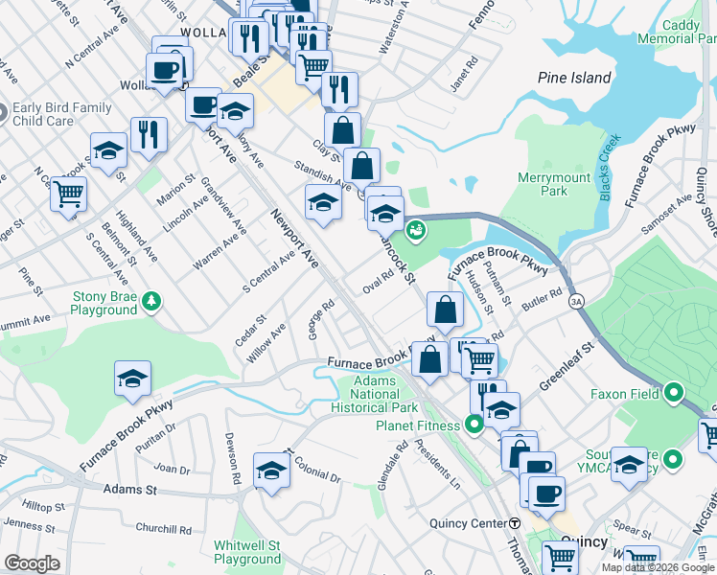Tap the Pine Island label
[574, 78]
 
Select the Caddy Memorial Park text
[681, 32]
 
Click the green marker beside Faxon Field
[673, 392]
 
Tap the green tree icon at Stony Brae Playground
[150, 303]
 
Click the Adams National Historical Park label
[375, 394]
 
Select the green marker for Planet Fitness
[473, 425]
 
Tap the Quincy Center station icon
[515, 523]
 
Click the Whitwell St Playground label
[247, 551]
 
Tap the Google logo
[33, 563]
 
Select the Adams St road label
[129, 489]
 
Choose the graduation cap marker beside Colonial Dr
[272, 470]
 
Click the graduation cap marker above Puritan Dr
[132, 379]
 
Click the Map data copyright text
[658, 567]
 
